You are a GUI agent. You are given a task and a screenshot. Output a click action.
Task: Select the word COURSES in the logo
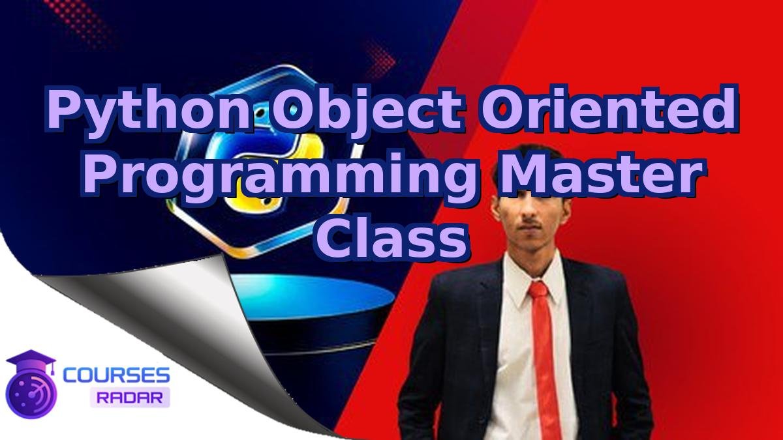[x=117, y=375]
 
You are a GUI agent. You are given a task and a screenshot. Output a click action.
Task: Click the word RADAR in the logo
[x=130, y=397]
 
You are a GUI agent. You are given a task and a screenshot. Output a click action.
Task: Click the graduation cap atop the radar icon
[x=31, y=361]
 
